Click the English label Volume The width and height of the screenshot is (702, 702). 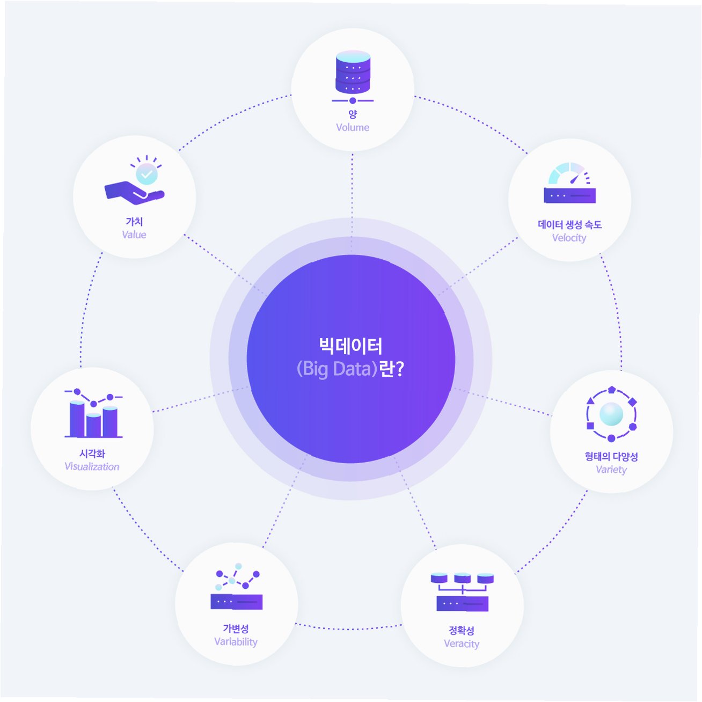[353, 127]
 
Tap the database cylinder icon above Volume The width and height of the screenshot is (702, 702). [353, 72]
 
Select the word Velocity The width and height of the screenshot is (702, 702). [569, 238]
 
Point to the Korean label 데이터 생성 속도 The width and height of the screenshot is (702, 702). [569, 224]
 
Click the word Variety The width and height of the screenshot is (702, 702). [611, 470]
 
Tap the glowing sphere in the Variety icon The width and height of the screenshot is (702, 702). [611, 414]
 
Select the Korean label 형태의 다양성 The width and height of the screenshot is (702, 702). [611, 456]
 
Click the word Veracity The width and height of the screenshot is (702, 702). [462, 643]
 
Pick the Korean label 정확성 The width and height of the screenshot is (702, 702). [462, 630]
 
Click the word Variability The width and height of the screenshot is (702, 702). [236, 641]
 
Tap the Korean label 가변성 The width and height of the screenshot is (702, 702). [236, 628]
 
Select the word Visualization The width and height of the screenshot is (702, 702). [92, 466]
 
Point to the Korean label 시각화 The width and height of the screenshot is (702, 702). [92, 454]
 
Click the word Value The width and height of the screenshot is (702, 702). [134, 235]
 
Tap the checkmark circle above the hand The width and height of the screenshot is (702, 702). [147, 174]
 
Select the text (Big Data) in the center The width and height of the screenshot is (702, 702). [337, 369]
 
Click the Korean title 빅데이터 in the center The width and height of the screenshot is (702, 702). [350, 346]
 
